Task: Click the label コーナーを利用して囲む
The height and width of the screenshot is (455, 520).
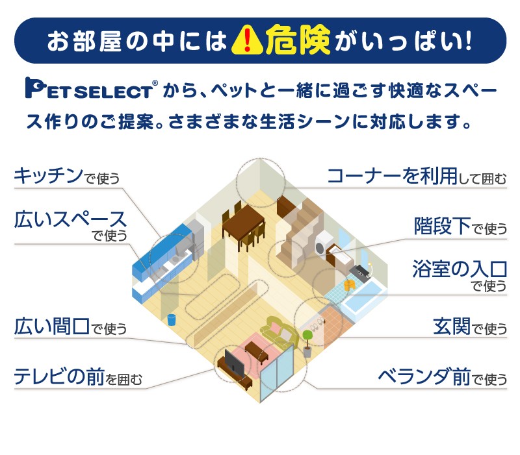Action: tap(416, 176)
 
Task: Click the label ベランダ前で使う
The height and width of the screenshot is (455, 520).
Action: tap(442, 376)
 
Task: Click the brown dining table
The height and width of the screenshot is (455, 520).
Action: tap(243, 221)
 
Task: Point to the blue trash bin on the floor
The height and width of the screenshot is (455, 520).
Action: tap(172, 319)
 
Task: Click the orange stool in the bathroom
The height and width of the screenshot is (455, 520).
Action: tap(350, 284)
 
